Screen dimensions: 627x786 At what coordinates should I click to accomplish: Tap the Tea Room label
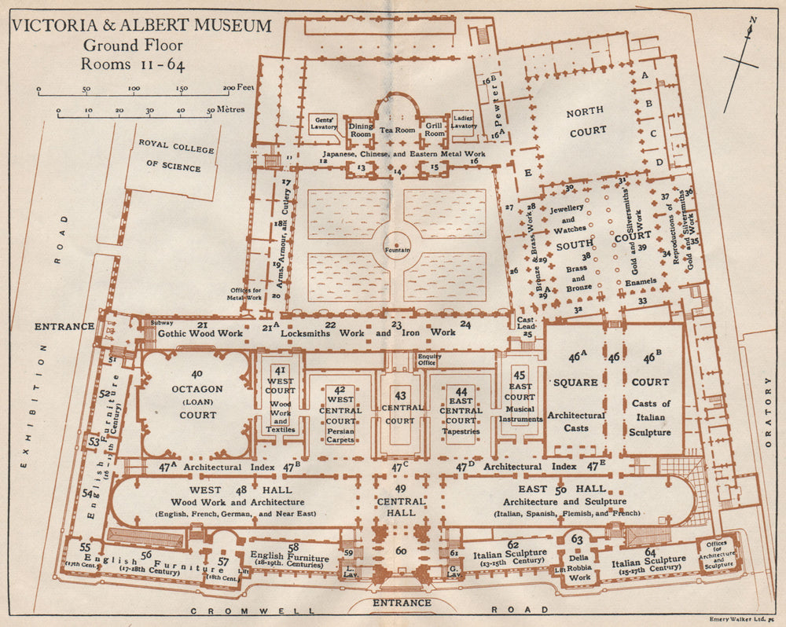(x=398, y=130)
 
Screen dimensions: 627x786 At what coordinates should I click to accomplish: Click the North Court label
(x=587, y=123)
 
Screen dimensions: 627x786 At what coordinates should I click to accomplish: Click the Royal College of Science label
(x=170, y=156)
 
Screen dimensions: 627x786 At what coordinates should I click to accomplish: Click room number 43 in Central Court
(x=401, y=395)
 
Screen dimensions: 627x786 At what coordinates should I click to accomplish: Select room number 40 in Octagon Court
(x=196, y=374)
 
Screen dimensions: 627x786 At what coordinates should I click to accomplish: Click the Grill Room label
(x=434, y=130)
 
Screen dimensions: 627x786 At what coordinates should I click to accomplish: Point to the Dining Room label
(x=361, y=130)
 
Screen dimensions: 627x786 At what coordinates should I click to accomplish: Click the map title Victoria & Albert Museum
(x=141, y=25)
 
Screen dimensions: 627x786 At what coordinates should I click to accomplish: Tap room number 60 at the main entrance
(x=401, y=551)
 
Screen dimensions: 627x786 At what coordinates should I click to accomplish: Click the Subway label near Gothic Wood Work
(x=163, y=322)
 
